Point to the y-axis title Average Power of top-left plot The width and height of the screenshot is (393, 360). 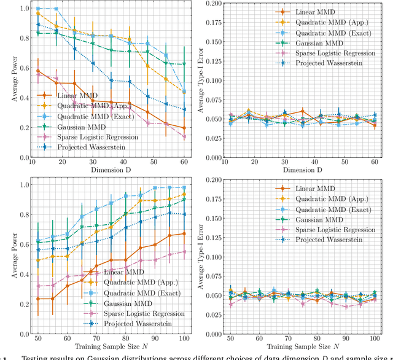pyautogui.click(x=8, y=80)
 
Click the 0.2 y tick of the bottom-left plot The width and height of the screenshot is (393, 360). pyautogui.click(x=22, y=304)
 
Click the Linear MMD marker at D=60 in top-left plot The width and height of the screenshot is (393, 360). pyautogui.click(x=185, y=128)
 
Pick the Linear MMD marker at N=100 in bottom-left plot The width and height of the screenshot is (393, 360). pyautogui.click(x=185, y=233)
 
